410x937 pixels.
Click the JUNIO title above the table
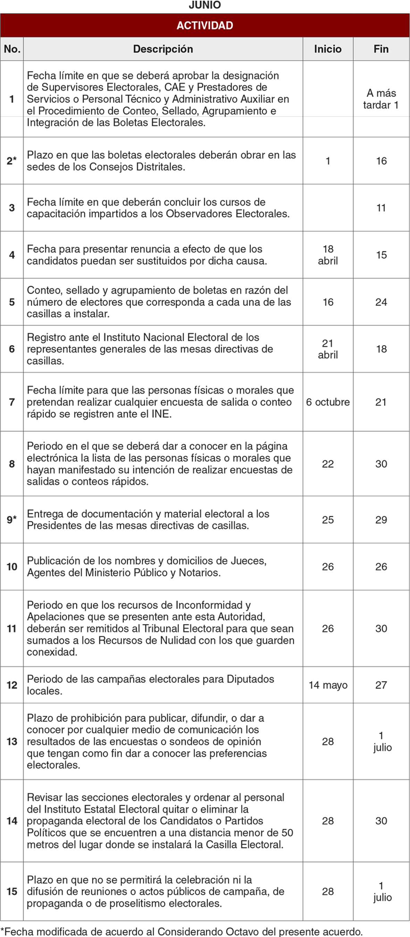click(204, 5)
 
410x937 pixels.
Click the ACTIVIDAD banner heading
click(204, 25)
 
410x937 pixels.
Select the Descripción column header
click(163, 49)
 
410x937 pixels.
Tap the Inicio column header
click(327, 49)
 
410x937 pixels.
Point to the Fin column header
click(381, 49)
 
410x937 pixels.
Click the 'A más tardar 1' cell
click(381, 99)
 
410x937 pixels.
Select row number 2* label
click(12, 161)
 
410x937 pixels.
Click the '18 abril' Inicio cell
click(327, 255)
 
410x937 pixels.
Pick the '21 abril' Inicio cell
click(327, 349)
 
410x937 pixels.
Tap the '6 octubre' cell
click(327, 402)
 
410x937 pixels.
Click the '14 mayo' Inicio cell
click(327, 685)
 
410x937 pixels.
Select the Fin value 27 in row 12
click(381, 685)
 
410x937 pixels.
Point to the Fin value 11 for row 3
click(381, 208)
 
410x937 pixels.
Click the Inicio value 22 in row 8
click(327, 464)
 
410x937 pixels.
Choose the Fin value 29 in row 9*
click(381, 520)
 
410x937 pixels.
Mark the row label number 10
click(12, 567)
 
